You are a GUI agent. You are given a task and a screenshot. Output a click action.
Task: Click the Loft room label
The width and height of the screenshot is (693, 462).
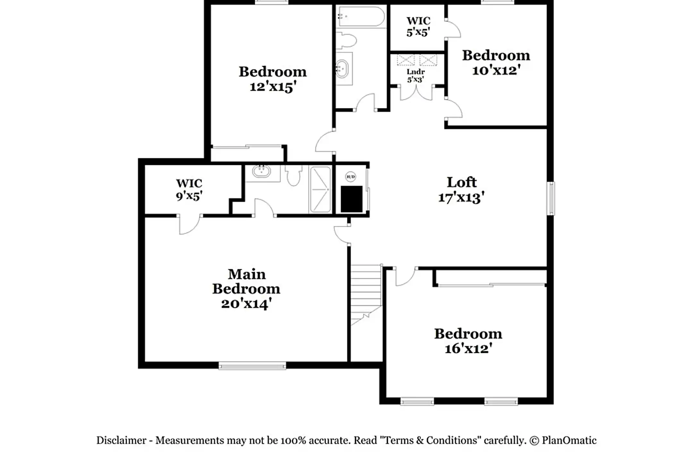pos(462,182)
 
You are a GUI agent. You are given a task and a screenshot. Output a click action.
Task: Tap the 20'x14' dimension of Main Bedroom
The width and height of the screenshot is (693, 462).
pos(246,304)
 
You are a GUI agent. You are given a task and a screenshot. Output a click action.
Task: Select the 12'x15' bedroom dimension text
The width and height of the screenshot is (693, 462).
pos(272,87)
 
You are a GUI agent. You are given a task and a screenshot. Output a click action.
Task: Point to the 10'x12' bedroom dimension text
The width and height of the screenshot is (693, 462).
pos(496,70)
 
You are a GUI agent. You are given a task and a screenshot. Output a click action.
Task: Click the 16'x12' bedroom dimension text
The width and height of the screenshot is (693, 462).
pos(468,348)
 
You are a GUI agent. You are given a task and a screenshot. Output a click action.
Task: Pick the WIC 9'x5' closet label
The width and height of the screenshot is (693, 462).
pos(189,189)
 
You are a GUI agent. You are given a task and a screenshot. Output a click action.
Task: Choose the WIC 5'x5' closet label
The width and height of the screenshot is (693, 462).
pos(418,26)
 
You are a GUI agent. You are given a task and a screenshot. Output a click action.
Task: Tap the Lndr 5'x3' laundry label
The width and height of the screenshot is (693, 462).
pos(415,75)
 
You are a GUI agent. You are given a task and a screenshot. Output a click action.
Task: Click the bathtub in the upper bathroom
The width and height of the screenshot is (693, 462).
pos(361,16)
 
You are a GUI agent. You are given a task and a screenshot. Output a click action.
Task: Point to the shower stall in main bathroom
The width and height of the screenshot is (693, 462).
pos(320,189)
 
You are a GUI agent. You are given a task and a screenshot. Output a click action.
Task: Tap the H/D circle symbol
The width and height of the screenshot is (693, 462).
pos(350,177)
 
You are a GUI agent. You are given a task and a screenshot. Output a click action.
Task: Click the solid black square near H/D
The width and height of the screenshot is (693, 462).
pos(351,199)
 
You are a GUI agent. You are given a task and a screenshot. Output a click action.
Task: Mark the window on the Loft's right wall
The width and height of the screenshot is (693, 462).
pos(551,198)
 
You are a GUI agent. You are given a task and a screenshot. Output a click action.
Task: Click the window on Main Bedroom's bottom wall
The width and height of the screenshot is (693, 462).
pos(252,365)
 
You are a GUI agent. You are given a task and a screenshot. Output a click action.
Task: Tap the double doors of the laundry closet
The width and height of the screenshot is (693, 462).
pos(416,93)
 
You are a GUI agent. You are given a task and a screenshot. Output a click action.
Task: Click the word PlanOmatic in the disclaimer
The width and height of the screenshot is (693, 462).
pos(569,440)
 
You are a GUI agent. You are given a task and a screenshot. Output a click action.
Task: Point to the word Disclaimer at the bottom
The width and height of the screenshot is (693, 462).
pos(121,440)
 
